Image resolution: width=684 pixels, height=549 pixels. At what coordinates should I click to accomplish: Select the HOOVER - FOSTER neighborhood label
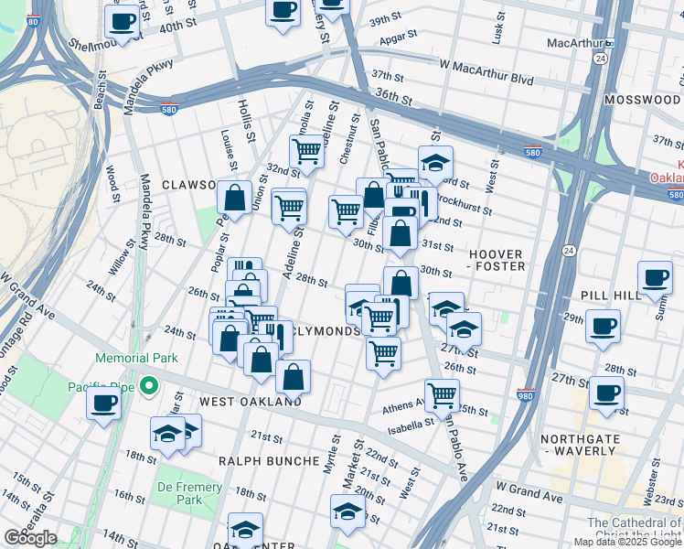(497, 260)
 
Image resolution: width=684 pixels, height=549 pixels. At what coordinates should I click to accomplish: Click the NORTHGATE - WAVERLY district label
(586, 445)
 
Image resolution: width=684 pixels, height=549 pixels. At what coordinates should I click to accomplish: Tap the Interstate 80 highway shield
(34, 21)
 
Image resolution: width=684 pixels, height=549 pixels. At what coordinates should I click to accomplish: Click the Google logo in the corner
(30, 537)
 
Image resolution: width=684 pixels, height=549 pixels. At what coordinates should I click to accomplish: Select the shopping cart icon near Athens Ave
(444, 394)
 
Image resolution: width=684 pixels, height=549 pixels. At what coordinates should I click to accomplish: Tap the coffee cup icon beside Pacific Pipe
(103, 401)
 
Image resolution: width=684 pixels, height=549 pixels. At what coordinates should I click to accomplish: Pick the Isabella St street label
(409, 425)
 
